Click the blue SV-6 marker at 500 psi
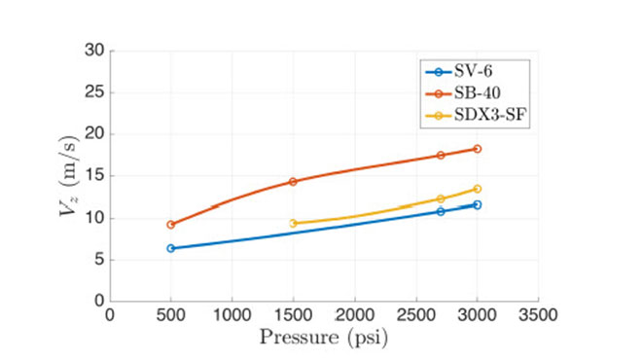[171, 248]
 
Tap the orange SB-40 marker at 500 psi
[171, 225]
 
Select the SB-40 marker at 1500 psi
[293, 182]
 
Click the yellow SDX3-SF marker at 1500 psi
[293, 224]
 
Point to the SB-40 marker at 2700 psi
[440, 155]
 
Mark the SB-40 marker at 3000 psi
[477, 149]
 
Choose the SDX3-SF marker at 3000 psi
[477, 189]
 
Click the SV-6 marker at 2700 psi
[440, 211]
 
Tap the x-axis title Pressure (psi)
[324, 338]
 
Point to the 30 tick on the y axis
[95, 51]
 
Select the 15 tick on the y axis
[95, 176]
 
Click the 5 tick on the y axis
[99, 260]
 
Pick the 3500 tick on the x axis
[537, 315]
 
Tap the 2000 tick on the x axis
[354, 315]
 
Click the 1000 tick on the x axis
[232, 315]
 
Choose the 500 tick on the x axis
[171, 315]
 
